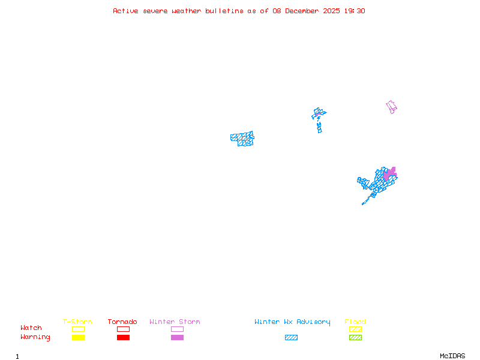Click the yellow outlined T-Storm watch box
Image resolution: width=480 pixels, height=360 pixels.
pos(78,329)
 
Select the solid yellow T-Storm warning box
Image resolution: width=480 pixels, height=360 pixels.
pos(78,338)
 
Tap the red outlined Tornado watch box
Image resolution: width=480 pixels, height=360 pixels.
pos(123,329)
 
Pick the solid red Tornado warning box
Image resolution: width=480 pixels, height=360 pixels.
pos(123,338)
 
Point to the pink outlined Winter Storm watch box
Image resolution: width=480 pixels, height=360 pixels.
pos(177,329)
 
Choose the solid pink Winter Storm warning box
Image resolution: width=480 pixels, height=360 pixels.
pos(177,338)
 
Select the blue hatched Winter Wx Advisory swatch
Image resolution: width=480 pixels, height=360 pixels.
pos(291,338)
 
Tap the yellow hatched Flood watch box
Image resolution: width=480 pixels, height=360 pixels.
pos(355,329)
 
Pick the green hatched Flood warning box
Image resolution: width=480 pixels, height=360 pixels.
pos(355,338)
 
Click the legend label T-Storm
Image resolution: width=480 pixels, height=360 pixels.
pos(77,322)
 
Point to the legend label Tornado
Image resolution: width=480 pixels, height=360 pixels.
pos(122,322)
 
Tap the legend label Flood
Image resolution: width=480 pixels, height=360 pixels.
pos(355,322)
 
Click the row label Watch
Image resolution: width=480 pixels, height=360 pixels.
pos(31,328)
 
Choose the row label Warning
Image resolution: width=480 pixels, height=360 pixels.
pos(35,337)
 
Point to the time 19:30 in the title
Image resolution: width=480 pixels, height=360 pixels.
pos(355,11)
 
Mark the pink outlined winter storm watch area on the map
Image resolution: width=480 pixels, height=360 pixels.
pos(391,107)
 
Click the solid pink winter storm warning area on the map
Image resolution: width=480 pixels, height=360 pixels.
pos(390,174)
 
